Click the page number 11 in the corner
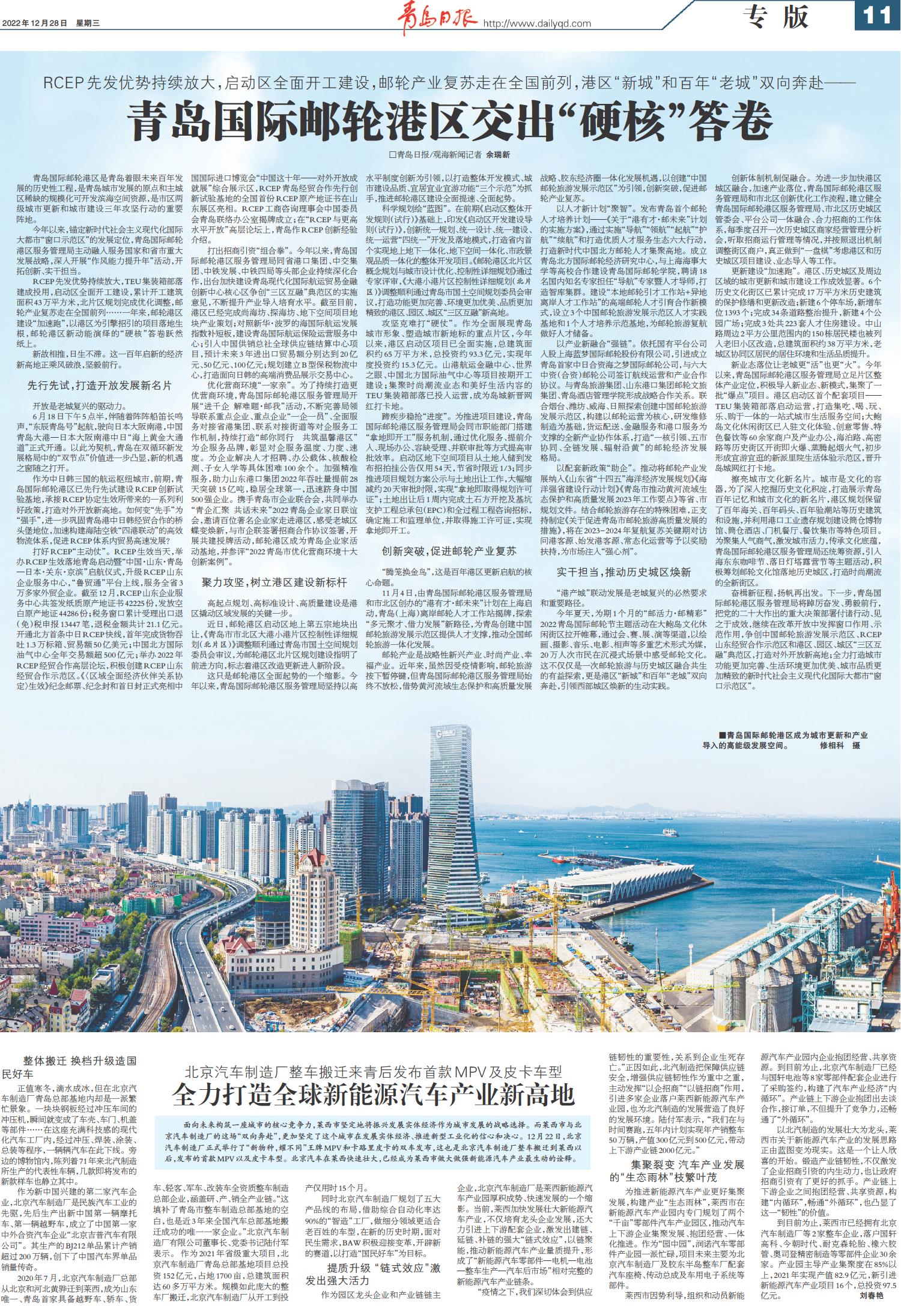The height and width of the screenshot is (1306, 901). coord(877,17)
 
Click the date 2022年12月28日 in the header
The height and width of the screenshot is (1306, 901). coord(35,23)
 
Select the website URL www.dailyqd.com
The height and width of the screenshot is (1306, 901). coord(537,23)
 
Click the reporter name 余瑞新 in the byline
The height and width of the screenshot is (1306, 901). coord(498,154)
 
